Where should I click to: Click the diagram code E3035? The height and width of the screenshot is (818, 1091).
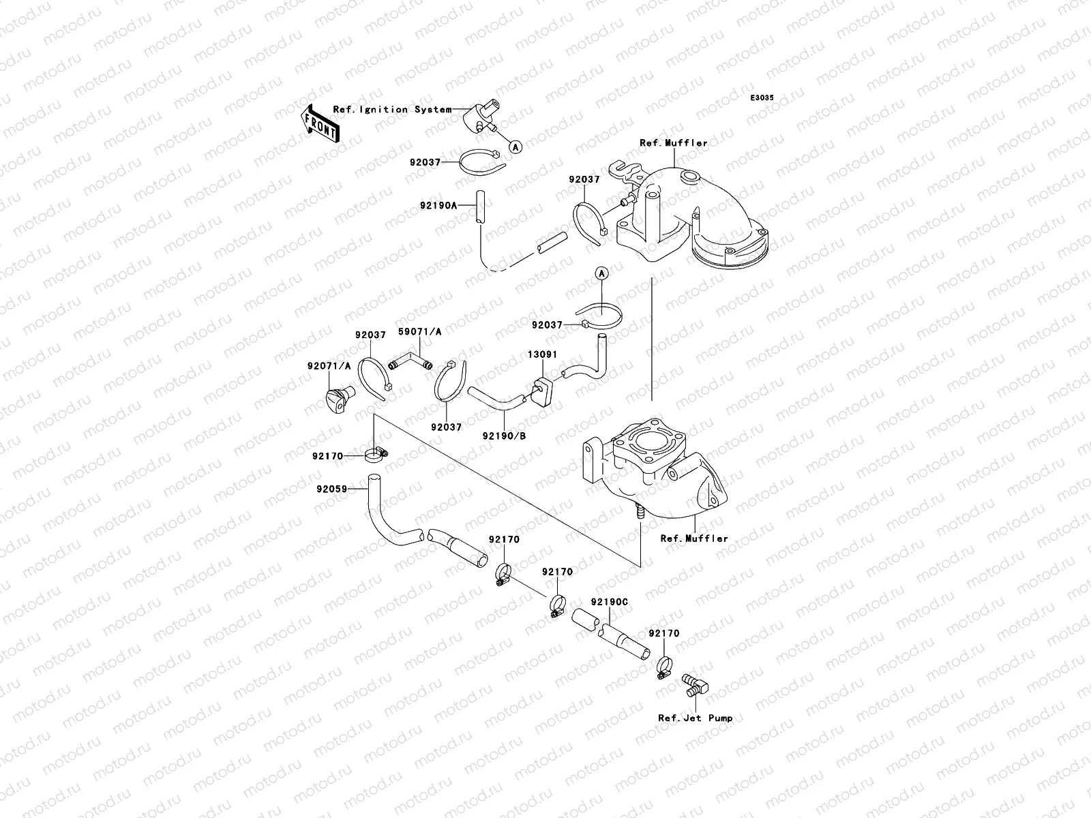click(x=762, y=98)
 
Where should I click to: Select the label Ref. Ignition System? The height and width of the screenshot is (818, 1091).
click(x=392, y=109)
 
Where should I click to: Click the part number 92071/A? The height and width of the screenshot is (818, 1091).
click(x=329, y=365)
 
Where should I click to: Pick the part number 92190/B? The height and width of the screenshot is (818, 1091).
click(x=504, y=435)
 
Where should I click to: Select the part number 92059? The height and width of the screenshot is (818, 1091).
click(x=332, y=489)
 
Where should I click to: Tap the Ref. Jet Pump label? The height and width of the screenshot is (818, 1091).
click(x=695, y=718)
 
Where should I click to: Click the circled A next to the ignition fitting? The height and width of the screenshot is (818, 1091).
click(x=516, y=146)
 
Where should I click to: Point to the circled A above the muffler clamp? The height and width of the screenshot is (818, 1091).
click(x=601, y=274)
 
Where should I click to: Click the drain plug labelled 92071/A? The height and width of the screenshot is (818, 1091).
click(x=337, y=395)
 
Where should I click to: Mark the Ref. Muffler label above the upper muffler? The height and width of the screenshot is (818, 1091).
click(x=673, y=143)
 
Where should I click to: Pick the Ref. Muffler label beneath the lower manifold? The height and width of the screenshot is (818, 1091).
click(x=694, y=538)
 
